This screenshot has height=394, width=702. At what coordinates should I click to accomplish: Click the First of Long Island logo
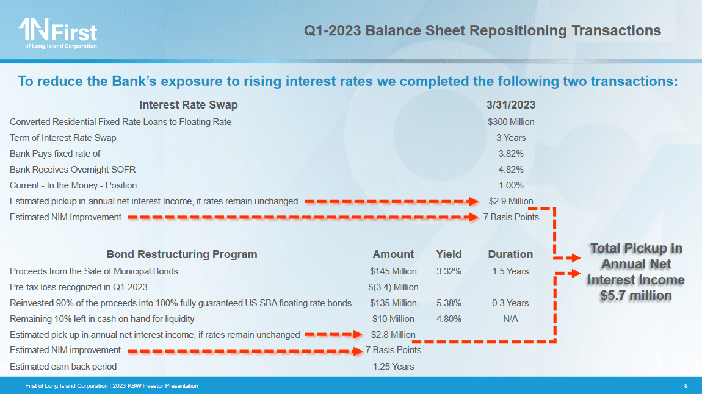(x=58, y=33)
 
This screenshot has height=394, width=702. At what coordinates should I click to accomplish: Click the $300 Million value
(x=511, y=122)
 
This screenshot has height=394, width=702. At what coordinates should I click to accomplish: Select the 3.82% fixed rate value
(x=511, y=154)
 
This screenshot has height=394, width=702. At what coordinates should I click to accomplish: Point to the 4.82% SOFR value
(x=511, y=170)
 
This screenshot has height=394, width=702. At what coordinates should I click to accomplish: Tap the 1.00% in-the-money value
(x=511, y=185)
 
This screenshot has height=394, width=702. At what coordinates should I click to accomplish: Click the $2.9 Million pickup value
(x=511, y=201)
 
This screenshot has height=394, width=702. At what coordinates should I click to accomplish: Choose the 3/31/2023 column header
(x=511, y=105)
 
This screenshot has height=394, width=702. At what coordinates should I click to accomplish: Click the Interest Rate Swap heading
(x=189, y=105)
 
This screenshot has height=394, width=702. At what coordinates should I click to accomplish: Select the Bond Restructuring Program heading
(x=182, y=254)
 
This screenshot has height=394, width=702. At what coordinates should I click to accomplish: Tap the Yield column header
(x=449, y=254)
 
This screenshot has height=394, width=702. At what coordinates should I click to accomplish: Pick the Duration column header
(x=510, y=254)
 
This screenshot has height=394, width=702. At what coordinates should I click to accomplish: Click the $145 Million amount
(x=393, y=271)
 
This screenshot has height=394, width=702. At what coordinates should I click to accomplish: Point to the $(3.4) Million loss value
(x=393, y=287)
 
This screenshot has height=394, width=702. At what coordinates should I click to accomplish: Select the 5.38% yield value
(x=449, y=303)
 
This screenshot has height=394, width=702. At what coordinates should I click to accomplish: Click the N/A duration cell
(x=510, y=319)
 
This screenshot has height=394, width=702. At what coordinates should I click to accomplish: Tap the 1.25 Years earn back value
(x=393, y=367)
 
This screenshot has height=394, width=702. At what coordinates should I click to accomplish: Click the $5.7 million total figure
(x=635, y=296)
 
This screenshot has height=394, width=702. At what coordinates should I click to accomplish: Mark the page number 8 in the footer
(x=686, y=386)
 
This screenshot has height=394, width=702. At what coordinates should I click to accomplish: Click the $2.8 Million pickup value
(x=393, y=335)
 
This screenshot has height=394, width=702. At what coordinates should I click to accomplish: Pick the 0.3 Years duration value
(x=510, y=303)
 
